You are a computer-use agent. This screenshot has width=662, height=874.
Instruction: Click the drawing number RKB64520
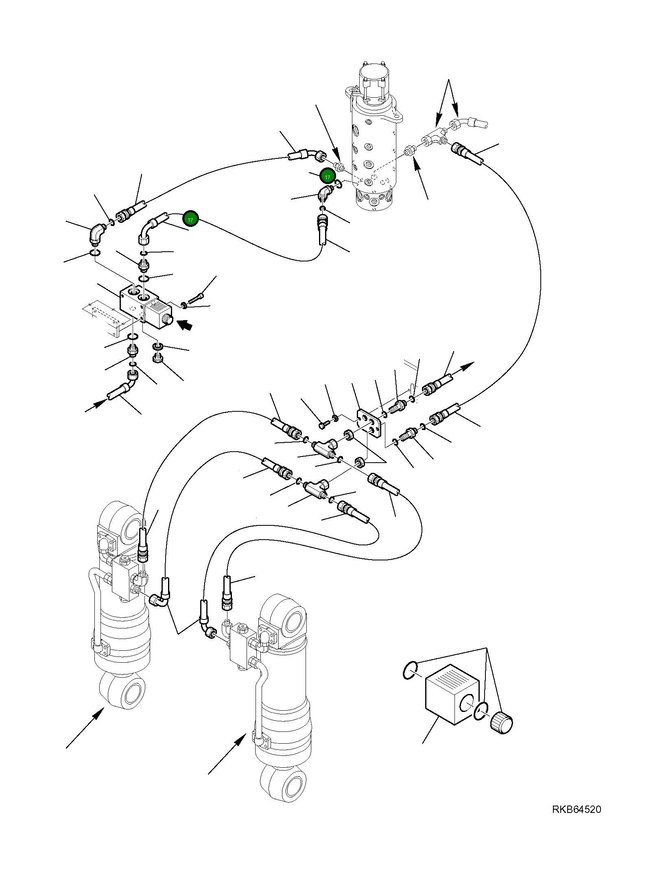pos(576,821)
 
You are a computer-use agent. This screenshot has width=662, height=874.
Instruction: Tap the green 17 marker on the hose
pos(190,219)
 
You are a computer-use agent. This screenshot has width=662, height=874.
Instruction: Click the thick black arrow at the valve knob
pos(185,325)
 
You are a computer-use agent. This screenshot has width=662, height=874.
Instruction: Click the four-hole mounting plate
pos(369,424)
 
